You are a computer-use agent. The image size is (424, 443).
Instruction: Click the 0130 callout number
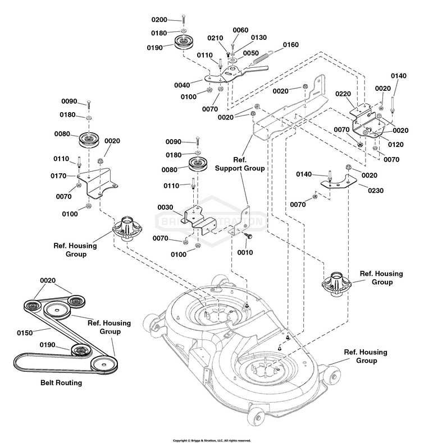click(258, 38)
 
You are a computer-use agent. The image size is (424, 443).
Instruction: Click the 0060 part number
click(240, 30)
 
